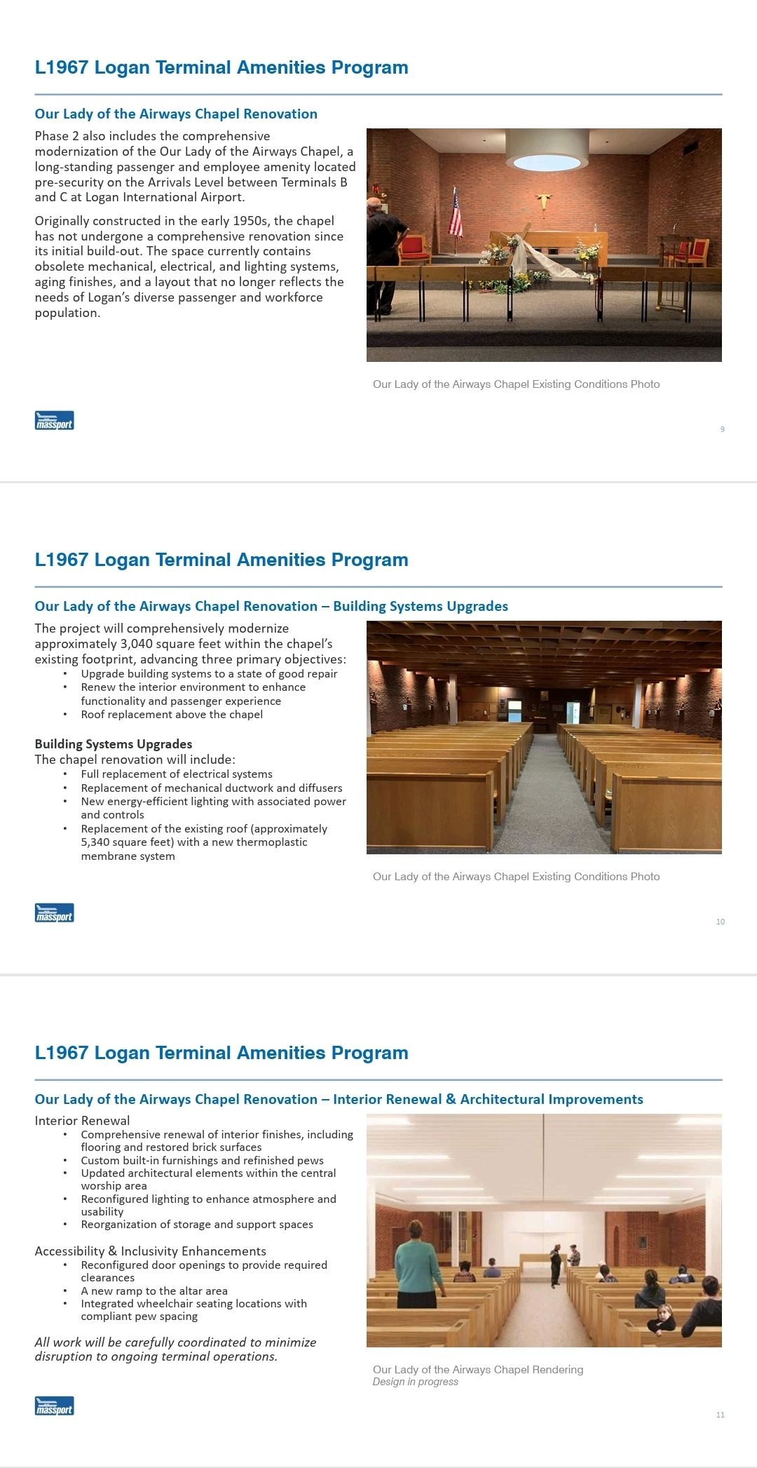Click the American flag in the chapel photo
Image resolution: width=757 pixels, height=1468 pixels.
(x=456, y=213)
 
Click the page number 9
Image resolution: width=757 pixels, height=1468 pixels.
(x=722, y=429)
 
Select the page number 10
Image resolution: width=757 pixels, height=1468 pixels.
(x=720, y=922)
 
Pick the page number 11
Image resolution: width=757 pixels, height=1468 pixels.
(x=720, y=1415)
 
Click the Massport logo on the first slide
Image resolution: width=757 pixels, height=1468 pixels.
(x=54, y=421)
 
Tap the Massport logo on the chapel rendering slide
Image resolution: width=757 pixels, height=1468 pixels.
(x=54, y=1406)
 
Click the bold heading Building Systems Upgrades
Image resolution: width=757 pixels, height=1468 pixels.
(x=113, y=744)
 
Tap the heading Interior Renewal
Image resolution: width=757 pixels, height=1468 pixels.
(x=82, y=1121)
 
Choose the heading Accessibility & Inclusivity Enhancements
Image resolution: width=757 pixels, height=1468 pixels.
(x=150, y=1251)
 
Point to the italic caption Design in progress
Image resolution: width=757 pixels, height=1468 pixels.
(x=415, y=1382)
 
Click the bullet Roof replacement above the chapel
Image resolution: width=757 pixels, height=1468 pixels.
(x=172, y=715)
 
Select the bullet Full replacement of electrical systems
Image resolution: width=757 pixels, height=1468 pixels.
(x=177, y=774)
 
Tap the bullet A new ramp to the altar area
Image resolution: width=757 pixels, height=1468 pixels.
(x=154, y=1291)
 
